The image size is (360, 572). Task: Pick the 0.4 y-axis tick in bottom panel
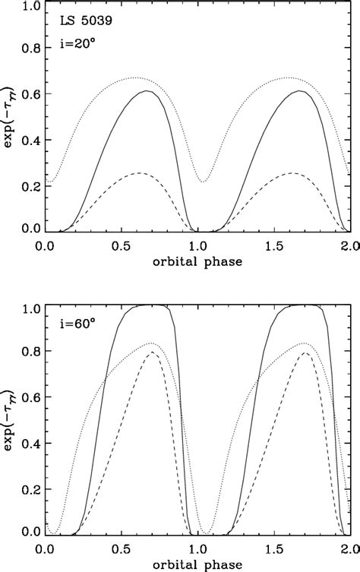coord(29,442)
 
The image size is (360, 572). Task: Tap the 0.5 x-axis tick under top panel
coord(122,245)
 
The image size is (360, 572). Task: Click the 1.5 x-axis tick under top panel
coord(274,245)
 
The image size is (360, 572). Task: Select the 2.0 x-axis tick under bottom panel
coord(349,546)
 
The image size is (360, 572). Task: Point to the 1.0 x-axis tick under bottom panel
coord(198,546)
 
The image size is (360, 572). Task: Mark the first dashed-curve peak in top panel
coord(138,173)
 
